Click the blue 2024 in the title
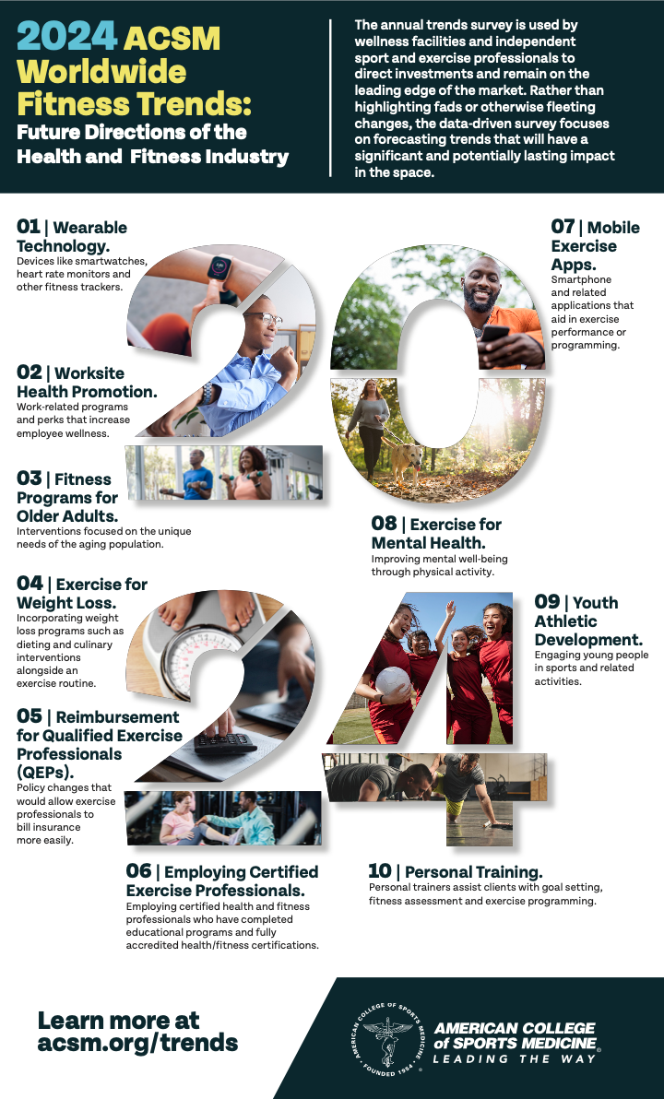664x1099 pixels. (67, 37)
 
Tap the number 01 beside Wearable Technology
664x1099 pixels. (29, 228)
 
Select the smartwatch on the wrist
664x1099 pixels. (220, 269)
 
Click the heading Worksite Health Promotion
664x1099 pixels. (87, 383)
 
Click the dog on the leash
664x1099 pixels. (407, 460)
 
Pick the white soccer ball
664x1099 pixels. (393, 682)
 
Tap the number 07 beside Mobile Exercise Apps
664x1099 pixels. (563, 227)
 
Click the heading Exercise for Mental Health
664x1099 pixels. (436, 533)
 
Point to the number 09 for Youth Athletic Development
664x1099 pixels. (547, 602)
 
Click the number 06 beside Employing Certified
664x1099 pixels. (138, 871)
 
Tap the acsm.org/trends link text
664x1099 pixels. (137, 1043)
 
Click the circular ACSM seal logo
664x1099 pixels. (387, 1038)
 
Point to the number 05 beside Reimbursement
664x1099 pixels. (30, 716)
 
